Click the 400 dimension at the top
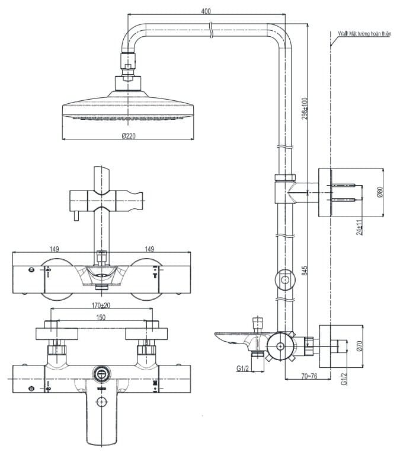pos(206,11)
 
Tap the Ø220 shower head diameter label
pos(128,136)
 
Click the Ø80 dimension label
pos(380,193)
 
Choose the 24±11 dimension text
pos(359,228)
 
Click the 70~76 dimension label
pos(309,376)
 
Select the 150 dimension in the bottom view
pos(101,318)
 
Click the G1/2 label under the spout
pos(242,369)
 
